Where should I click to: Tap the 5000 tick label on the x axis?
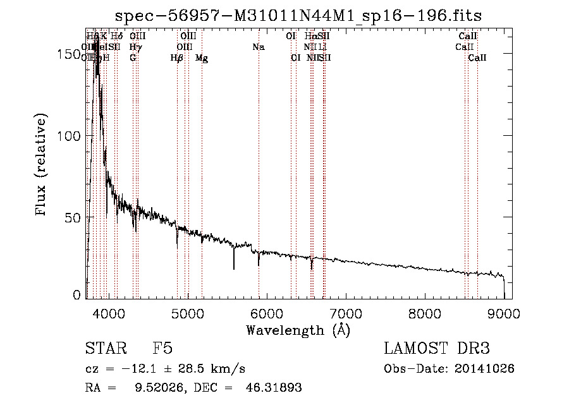point(187,314)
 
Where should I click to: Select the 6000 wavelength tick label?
point(267,314)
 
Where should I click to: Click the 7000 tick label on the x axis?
point(346,314)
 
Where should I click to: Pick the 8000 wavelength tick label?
point(425,314)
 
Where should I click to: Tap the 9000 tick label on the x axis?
point(504,314)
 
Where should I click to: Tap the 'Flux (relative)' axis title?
point(42,166)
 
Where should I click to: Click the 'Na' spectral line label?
point(258,47)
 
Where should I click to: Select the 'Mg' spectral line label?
point(202,58)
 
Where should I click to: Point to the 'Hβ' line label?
point(177,58)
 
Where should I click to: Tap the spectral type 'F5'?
point(162,349)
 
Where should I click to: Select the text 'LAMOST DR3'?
point(437,349)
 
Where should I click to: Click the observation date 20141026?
point(487,368)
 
